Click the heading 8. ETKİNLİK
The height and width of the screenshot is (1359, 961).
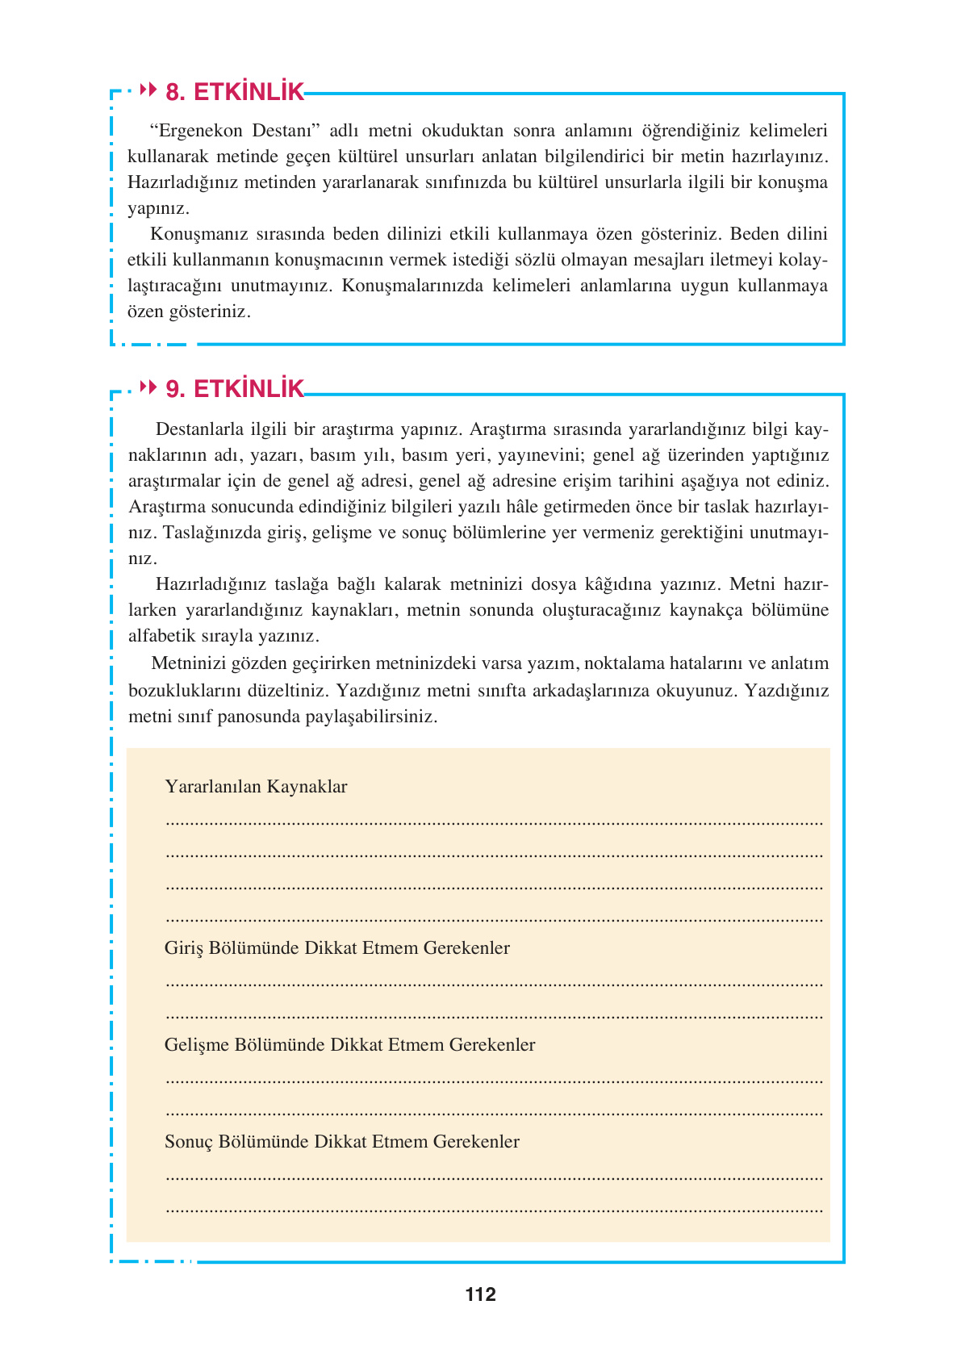pyautogui.click(x=234, y=92)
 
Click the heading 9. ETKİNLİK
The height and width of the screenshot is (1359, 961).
pyautogui.click(x=234, y=389)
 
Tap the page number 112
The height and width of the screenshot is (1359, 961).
pyautogui.click(x=480, y=1294)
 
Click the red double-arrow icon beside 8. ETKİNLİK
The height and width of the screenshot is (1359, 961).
pyautogui.click(x=148, y=90)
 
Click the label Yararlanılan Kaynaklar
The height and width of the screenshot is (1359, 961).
pyautogui.click(x=256, y=787)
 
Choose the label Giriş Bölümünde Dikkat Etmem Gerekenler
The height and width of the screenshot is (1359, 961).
pyautogui.click(x=336, y=948)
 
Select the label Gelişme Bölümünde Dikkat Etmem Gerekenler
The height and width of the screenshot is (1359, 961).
pyautogui.click(x=349, y=1045)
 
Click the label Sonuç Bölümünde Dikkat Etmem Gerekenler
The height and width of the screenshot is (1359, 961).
pyautogui.click(x=341, y=1142)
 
